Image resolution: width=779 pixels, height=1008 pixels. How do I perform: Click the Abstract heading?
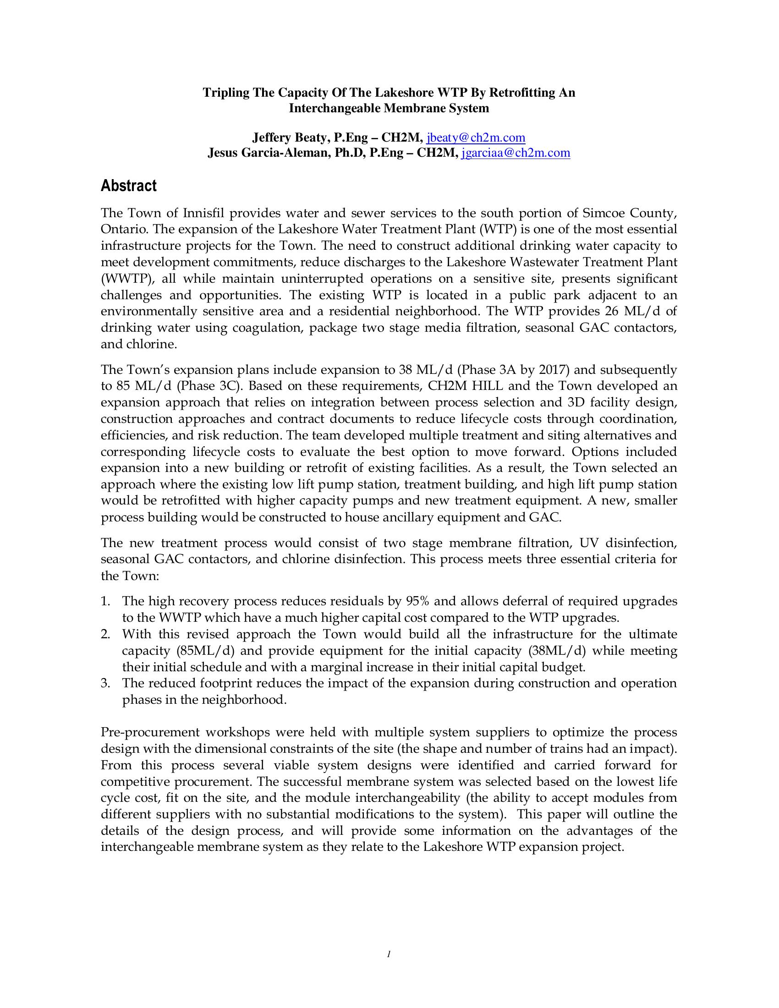click(x=129, y=186)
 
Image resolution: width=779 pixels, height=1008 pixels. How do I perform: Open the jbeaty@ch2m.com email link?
click(x=476, y=137)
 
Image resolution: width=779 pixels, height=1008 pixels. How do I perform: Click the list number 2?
click(x=105, y=634)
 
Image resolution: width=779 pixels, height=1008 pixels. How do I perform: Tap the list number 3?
click(x=105, y=683)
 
